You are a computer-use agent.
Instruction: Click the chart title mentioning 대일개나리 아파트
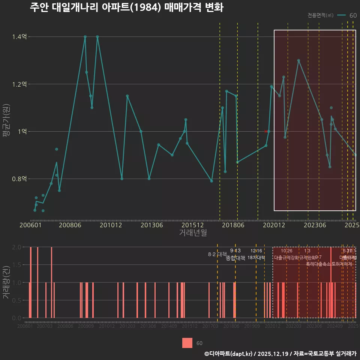click(x=126, y=7)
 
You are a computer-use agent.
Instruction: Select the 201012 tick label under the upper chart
click(x=111, y=225)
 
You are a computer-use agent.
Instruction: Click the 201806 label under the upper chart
click(x=232, y=225)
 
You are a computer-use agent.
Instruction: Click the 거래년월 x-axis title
click(x=193, y=233)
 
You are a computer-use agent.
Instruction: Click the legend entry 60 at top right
click(x=352, y=15)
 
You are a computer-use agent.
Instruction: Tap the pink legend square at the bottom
click(x=187, y=343)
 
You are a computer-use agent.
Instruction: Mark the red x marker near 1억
click(x=266, y=131)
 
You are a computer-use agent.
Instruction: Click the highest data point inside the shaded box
click(x=298, y=60)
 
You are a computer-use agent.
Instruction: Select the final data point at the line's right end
click(x=355, y=155)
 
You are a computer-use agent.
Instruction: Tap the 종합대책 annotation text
click(x=235, y=258)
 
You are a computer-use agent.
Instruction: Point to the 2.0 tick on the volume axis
click(x=16, y=247)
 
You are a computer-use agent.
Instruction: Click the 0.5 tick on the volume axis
click(x=16, y=300)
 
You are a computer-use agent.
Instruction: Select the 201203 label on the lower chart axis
click(x=127, y=326)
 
